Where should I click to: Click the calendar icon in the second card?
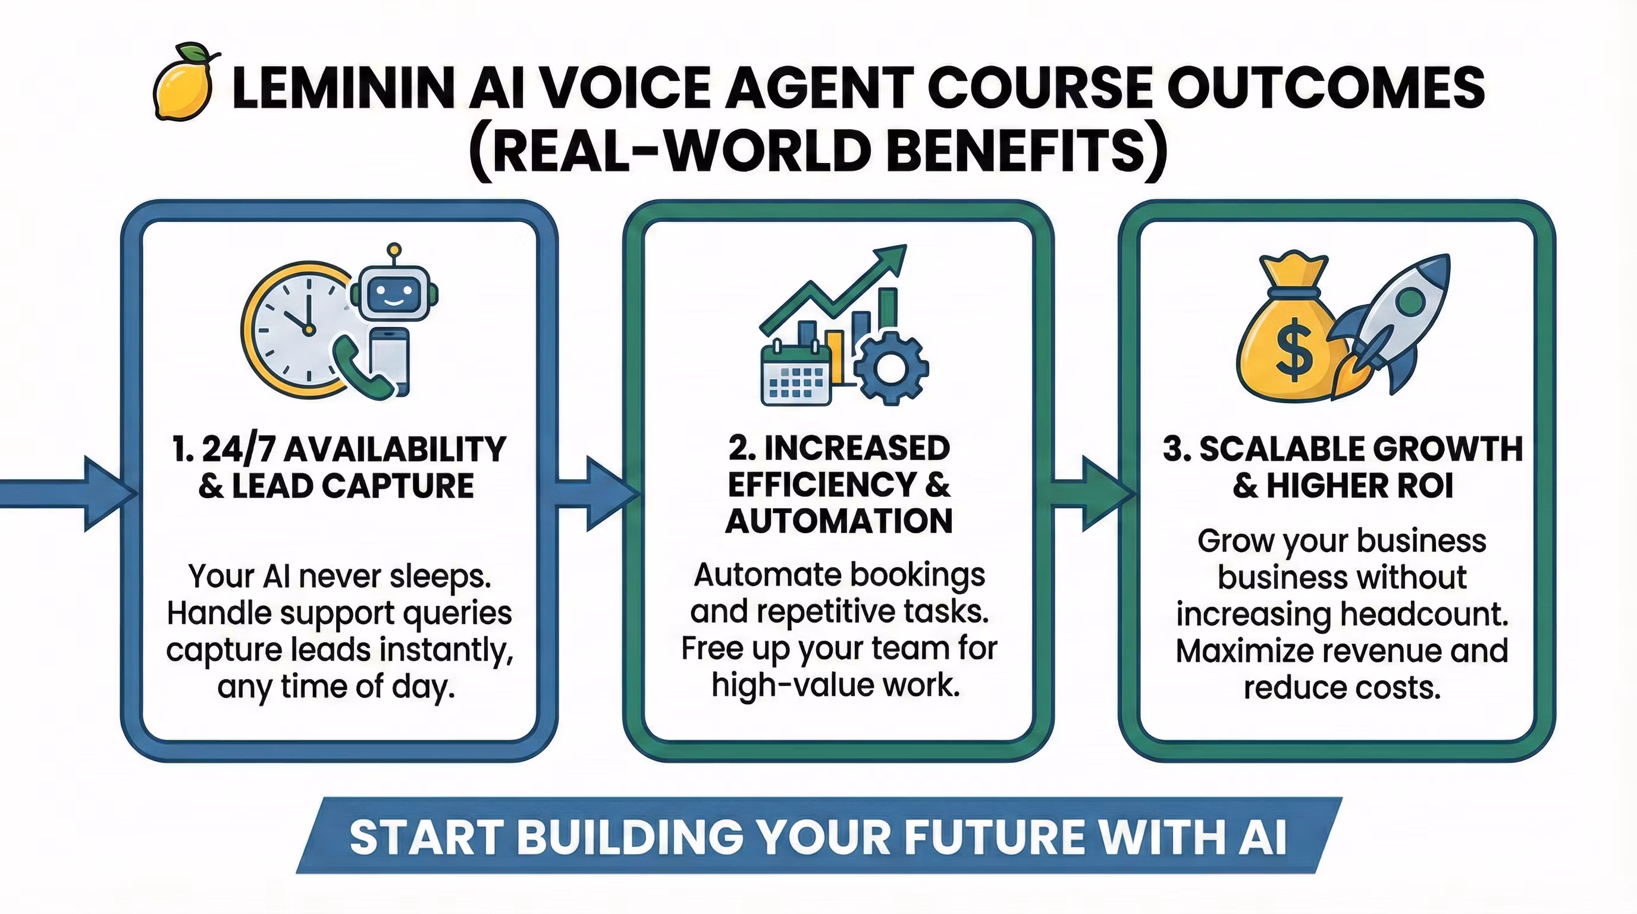pyautogui.click(x=796, y=374)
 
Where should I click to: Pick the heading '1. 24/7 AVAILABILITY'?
pyautogui.click(x=338, y=449)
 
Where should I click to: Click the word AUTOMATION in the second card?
pyautogui.click(x=839, y=521)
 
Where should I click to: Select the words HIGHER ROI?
pyautogui.click(x=1360, y=486)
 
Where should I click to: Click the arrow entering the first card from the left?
pyautogui.click(x=68, y=494)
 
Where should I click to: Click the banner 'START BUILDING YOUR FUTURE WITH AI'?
pyautogui.click(x=818, y=836)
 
